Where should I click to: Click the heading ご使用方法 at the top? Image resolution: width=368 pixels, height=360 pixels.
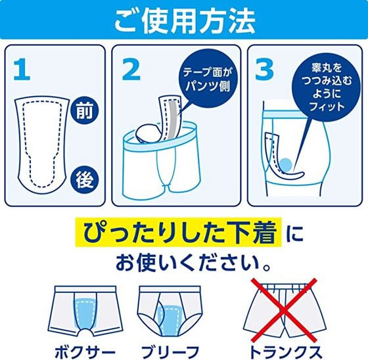(183, 21)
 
